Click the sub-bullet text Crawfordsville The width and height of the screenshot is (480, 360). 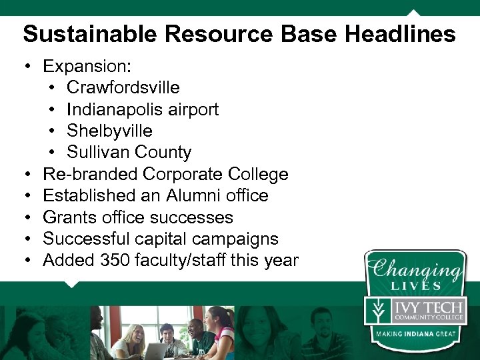coord(123,87)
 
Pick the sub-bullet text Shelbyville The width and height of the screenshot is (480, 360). coord(109,131)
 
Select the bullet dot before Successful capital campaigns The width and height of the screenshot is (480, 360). coord(27,239)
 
